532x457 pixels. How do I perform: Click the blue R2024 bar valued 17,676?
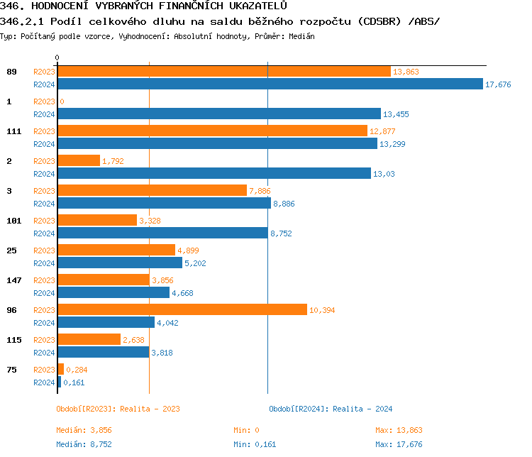click(270, 84)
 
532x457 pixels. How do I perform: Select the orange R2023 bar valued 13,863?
click(223, 72)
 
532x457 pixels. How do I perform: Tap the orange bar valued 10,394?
click(182, 309)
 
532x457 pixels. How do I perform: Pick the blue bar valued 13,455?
click(218, 114)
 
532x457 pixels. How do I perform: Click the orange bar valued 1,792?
click(78, 161)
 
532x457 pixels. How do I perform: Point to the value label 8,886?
click(284, 204)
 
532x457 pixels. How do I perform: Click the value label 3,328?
click(150, 221)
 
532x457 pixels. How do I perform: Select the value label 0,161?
click(74, 382)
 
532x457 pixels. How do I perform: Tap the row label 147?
click(13, 280)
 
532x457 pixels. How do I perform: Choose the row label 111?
click(13, 131)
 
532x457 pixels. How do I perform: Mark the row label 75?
click(11, 370)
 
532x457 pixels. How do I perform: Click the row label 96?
click(11, 310)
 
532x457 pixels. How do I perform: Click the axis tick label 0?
click(57, 57)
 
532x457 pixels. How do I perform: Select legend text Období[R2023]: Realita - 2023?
click(118, 409)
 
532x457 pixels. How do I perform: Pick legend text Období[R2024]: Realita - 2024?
click(331, 409)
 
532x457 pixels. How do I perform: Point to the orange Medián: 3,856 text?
click(84, 430)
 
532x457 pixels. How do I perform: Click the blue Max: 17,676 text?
click(399, 444)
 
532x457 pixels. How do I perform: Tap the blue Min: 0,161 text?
click(255, 444)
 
